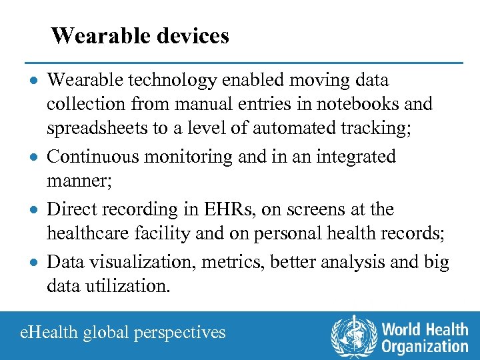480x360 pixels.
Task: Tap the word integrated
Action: click(353, 157)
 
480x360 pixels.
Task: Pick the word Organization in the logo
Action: click(425, 346)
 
